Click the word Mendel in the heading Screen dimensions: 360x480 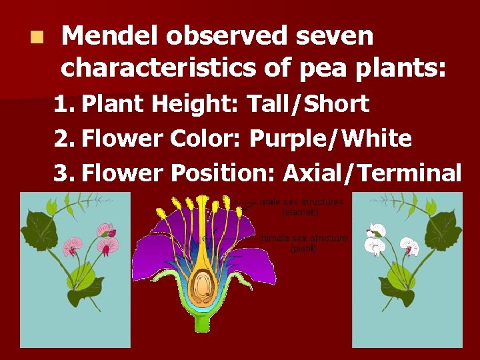pyautogui.click(x=109, y=36)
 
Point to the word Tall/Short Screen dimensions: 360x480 pyautogui.click(x=307, y=104)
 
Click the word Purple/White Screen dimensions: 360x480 pyautogui.click(x=330, y=139)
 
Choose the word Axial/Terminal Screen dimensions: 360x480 pyautogui.click(x=372, y=173)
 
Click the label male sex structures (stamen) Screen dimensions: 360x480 pyautogui.click(x=301, y=207)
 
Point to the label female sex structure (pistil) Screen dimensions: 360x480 pyautogui.click(x=304, y=243)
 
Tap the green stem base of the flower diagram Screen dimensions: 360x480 pyautogui.click(x=202, y=323)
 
